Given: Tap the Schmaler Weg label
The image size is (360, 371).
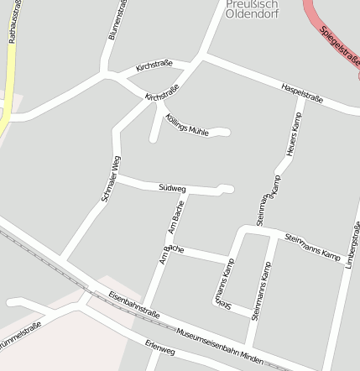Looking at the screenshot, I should pyautogui.click(x=111, y=179).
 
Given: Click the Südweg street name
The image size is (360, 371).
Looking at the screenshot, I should pyautogui.click(x=172, y=188).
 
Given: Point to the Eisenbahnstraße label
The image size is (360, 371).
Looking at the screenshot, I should pyautogui.click(x=134, y=305).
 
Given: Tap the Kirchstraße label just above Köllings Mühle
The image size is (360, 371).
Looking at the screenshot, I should pyautogui.click(x=162, y=98).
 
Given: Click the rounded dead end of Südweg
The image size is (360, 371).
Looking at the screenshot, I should pyautogui.click(x=225, y=188).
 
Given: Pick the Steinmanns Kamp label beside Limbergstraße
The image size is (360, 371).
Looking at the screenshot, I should pyautogui.click(x=313, y=245).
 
